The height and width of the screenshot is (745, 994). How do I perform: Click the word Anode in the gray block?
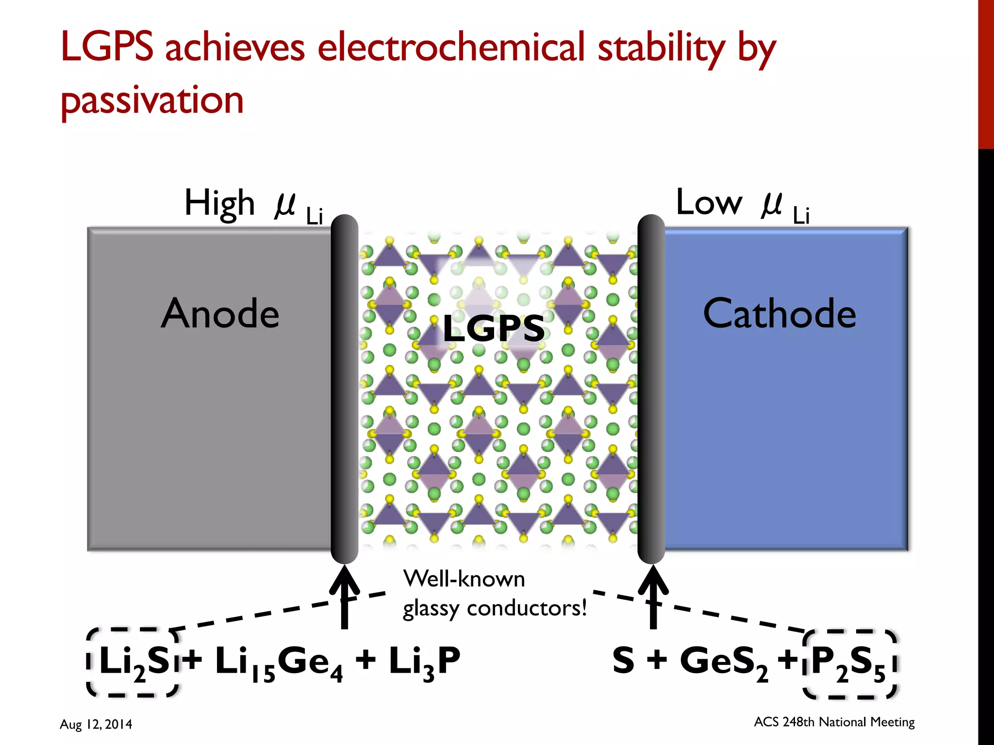point(220,314)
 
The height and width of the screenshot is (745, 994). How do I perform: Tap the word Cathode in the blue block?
point(779,314)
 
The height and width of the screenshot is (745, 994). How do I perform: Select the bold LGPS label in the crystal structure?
point(494,328)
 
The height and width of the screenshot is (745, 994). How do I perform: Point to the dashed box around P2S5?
point(849,663)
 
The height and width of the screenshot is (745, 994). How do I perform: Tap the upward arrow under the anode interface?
point(344,597)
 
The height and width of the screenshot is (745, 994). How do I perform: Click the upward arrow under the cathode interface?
point(653,597)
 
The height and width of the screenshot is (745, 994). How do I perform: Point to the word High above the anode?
point(219,204)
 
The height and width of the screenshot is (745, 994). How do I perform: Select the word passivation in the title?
point(152,100)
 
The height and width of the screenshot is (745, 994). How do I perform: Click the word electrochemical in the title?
point(451,48)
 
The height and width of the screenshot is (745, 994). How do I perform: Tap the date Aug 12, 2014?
point(96,724)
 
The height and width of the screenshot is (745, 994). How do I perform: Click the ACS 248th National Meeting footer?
point(834,722)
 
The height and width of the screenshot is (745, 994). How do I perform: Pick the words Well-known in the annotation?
point(464,579)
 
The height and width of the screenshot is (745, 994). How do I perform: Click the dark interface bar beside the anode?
point(344,388)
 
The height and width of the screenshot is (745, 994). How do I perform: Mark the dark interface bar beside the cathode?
point(651,388)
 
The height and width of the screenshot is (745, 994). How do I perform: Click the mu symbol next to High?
point(285,204)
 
